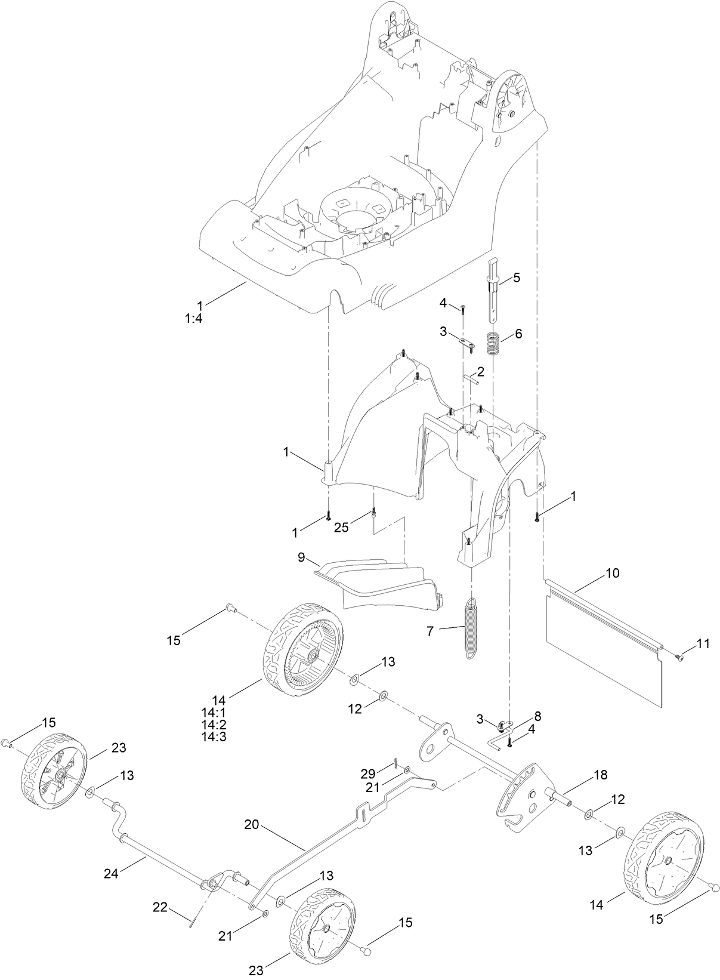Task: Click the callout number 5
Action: [516, 278]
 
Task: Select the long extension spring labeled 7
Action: [472, 629]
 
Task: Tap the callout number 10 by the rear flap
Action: [612, 574]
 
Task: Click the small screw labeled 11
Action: [679, 657]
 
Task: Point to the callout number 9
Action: [302, 557]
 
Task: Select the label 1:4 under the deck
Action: [194, 319]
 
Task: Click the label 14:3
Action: [214, 736]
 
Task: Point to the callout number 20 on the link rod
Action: [252, 825]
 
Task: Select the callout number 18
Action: [600, 775]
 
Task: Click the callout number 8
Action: [537, 715]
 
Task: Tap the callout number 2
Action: [480, 371]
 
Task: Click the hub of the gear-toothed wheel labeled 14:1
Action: [311, 655]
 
